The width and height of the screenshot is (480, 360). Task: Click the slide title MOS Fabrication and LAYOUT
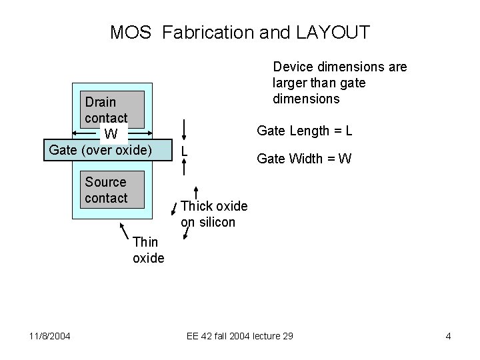[x=240, y=32]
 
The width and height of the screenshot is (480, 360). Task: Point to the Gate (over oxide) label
[x=101, y=149]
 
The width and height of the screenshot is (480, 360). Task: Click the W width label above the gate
[x=111, y=134]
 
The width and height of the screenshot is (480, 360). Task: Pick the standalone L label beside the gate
[x=185, y=151]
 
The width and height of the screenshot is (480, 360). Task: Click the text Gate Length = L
[x=305, y=131]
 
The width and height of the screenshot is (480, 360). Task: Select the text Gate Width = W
[x=304, y=159]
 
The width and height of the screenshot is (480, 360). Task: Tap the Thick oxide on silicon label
[x=214, y=214]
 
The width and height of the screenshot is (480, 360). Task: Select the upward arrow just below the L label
[x=196, y=194]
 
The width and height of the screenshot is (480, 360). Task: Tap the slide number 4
[x=448, y=336]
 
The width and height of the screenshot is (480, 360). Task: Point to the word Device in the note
[x=294, y=67]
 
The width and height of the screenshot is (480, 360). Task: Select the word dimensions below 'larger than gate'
[x=306, y=99]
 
